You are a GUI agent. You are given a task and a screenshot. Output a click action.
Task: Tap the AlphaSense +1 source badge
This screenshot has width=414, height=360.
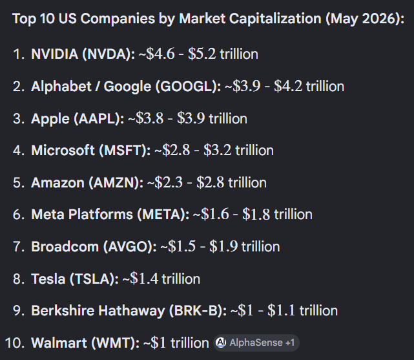click(x=256, y=343)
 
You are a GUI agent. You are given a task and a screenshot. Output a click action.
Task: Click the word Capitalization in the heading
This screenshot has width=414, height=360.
click(x=275, y=19)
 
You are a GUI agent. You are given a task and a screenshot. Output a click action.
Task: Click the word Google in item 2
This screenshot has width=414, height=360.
click(x=127, y=87)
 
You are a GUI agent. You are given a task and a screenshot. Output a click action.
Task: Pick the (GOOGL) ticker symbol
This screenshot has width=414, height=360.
click(x=188, y=87)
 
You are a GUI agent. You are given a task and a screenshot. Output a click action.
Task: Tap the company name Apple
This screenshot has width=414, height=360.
click(x=50, y=119)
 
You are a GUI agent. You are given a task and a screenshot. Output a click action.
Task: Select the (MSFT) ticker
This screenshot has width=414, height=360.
click(x=125, y=151)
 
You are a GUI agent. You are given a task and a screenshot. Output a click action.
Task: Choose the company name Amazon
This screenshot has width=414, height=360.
click(x=57, y=183)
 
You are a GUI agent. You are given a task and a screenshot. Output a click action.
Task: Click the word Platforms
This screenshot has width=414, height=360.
click(x=101, y=214)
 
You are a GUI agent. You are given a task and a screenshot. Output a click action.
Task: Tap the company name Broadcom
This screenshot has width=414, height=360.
click(x=65, y=247)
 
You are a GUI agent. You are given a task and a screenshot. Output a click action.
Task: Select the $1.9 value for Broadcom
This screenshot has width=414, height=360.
click(x=223, y=246)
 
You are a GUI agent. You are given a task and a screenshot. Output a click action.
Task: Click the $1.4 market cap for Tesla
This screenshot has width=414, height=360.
click(x=144, y=279)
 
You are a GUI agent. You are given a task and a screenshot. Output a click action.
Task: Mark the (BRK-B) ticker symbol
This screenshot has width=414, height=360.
click(x=198, y=311)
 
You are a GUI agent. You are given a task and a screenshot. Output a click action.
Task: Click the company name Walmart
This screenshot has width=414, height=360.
click(x=59, y=343)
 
